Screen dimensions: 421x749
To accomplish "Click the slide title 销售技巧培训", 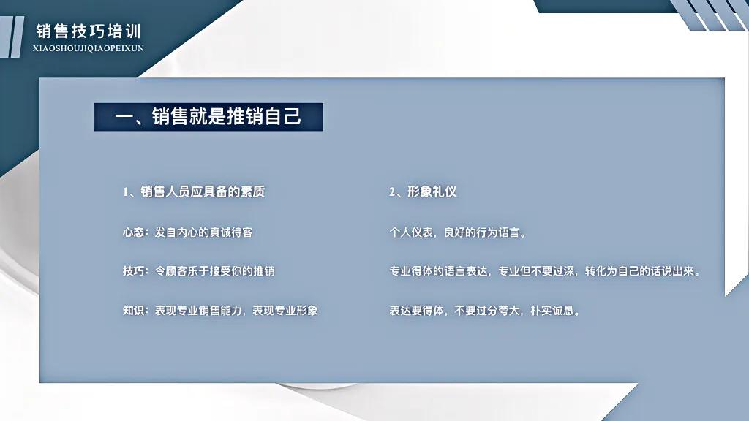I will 89,31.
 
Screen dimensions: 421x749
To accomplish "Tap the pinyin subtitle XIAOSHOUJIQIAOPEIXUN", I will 89,48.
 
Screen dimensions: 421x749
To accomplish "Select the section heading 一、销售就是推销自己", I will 208,117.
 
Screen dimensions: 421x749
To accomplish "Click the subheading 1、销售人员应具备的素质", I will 194,192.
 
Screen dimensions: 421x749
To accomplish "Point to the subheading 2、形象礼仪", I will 423,192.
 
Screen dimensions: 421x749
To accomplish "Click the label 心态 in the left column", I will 133,232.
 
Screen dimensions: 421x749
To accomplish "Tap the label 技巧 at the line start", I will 133,271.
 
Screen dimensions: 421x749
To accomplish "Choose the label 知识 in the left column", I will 133,310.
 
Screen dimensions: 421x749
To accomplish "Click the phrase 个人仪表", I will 411,232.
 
